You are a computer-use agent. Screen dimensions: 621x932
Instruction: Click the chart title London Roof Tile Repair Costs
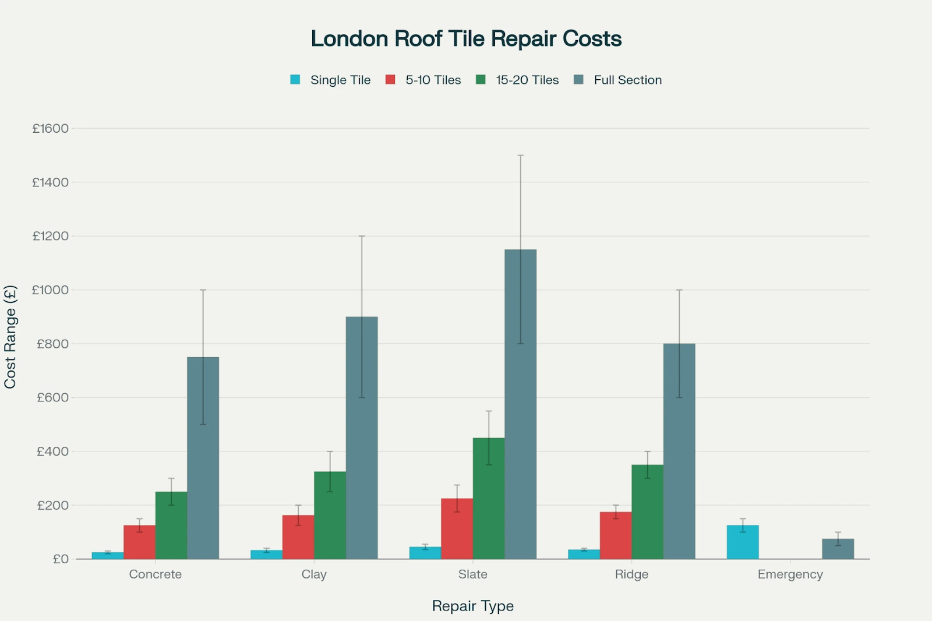(466, 39)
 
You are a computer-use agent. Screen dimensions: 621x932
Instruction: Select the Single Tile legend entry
(330, 80)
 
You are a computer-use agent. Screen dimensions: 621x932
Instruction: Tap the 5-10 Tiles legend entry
(423, 80)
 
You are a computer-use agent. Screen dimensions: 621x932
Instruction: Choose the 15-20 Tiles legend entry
(517, 80)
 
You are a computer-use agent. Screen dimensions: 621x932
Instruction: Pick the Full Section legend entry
(618, 80)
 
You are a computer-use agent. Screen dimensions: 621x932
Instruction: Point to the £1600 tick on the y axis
(50, 128)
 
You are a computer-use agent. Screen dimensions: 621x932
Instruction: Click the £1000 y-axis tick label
(50, 290)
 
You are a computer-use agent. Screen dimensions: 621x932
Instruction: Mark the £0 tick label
(61, 559)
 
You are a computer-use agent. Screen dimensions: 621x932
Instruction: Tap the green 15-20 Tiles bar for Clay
(330, 515)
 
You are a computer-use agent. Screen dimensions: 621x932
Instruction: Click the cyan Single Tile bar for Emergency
(743, 542)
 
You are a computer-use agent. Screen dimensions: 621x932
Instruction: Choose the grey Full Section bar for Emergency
(838, 549)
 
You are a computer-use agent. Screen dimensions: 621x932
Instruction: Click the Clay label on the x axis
(314, 574)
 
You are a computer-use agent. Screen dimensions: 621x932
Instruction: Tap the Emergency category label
(790, 574)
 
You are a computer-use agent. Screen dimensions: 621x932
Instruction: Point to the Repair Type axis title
(472, 606)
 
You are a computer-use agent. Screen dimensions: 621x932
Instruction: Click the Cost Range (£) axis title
(10, 337)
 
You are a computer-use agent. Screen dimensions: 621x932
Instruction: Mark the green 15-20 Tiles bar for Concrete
(171, 525)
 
